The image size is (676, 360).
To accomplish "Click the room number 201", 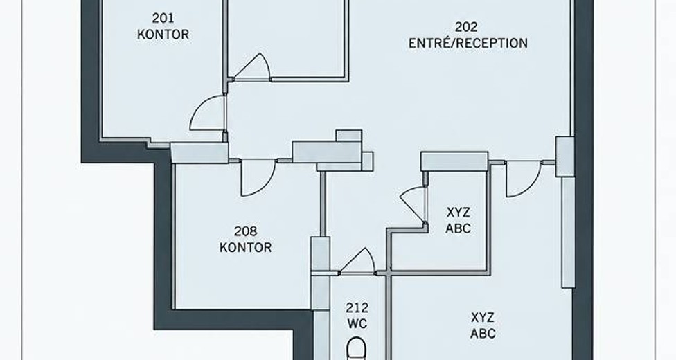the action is [163, 18].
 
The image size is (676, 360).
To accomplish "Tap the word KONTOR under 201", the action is [163, 35].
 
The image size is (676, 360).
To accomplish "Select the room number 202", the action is [466, 27].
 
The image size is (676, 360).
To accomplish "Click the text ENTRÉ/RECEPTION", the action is [468, 43].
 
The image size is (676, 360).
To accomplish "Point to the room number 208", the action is [245, 231].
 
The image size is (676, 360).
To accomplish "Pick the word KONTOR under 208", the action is [245, 247].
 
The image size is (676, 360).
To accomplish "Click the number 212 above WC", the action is [357, 308].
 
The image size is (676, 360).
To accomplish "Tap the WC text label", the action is [357, 323].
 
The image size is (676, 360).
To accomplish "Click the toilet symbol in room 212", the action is [357, 349].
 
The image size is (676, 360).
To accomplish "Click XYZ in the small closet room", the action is [458, 213].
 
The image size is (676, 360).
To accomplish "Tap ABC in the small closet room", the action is [458, 228].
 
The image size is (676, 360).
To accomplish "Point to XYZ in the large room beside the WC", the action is [483, 318].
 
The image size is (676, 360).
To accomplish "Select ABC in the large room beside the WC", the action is [483, 334].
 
